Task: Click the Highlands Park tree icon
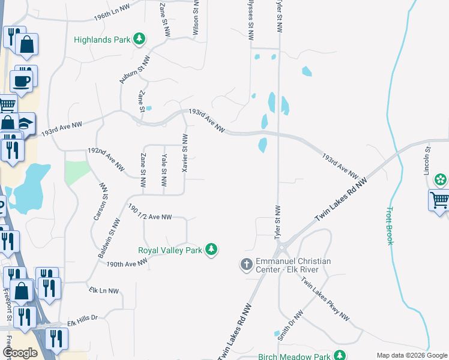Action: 139,40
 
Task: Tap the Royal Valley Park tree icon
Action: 211,250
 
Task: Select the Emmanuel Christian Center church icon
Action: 246,264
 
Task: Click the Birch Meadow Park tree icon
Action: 340,356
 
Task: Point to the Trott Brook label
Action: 389,226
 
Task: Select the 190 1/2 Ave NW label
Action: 150,212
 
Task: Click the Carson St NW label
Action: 100,203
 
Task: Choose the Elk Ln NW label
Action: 104,290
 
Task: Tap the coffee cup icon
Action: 22,81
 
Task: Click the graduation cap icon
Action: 25,124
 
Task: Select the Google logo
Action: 20,353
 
